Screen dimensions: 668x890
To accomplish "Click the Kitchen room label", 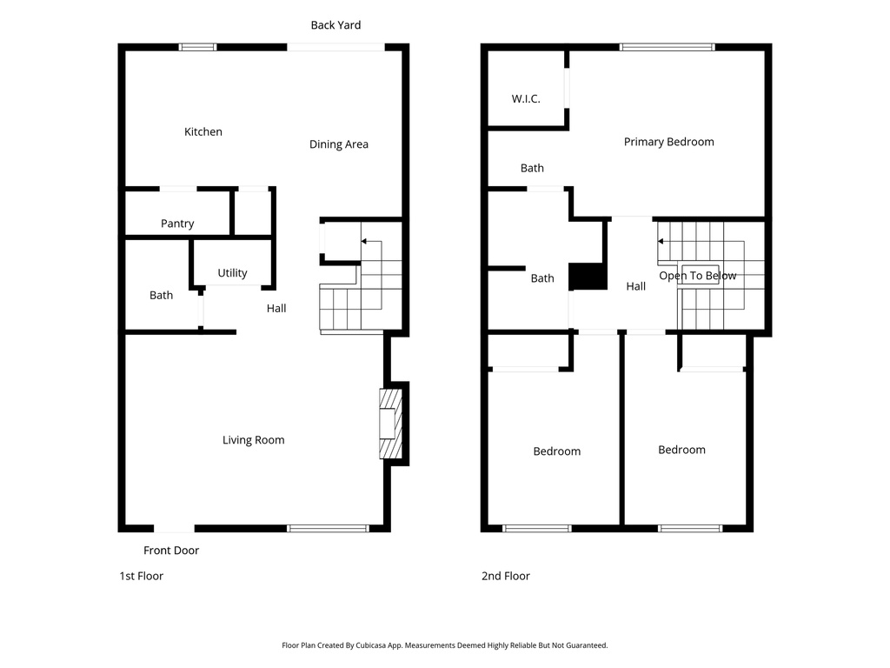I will (203, 132).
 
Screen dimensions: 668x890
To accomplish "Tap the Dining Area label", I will (339, 144).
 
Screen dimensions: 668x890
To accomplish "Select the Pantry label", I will (177, 224).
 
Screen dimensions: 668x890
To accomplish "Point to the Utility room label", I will (232, 273).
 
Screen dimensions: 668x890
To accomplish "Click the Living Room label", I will (253, 440).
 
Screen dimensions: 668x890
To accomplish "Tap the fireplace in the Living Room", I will (390, 424).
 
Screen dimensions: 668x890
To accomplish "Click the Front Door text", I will (171, 551).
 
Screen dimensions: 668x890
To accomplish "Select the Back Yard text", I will (335, 25).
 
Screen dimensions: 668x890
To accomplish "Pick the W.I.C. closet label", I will (526, 99).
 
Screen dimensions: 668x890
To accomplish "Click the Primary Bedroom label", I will (668, 142).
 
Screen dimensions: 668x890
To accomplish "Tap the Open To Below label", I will (697, 276).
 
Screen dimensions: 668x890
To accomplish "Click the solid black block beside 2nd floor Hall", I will (588, 277).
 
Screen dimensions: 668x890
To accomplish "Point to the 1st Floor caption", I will (141, 576).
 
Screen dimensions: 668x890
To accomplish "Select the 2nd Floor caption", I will (506, 576).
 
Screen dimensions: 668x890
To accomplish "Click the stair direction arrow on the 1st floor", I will (365, 241).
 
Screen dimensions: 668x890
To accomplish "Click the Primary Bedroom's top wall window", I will (667, 47).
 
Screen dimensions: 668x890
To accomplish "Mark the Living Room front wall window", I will (329, 528).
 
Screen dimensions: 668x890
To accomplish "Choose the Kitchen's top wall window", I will (197, 47).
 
